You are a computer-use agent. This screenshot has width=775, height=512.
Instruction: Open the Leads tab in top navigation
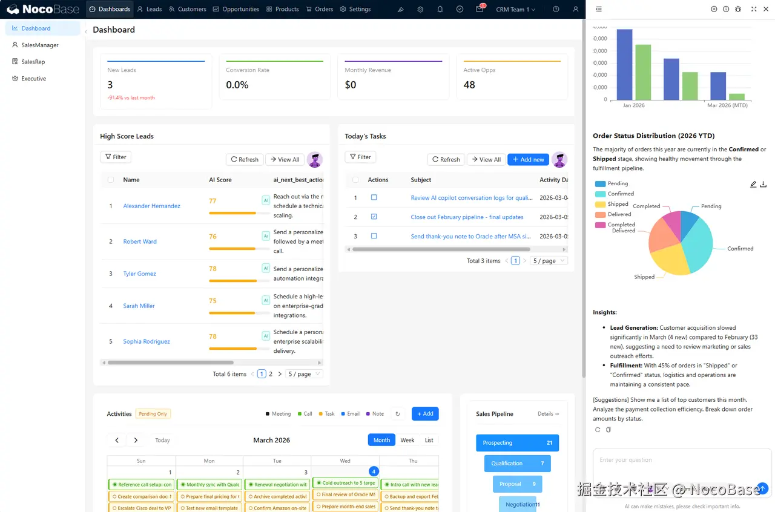(x=150, y=9)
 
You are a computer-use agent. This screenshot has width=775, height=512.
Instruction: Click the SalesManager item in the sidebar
(x=40, y=45)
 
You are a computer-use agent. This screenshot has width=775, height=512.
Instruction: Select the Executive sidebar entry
(x=33, y=79)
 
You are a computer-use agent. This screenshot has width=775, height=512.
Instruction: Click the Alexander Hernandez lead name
(x=151, y=206)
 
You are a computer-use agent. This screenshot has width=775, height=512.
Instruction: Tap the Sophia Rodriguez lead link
(x=147, y=341)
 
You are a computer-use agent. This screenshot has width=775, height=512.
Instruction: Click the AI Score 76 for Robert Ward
(x=213, y=237)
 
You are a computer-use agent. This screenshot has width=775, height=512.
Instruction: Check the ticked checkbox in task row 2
(x=374, y=217)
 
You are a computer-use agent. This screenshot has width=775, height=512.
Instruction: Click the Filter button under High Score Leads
(x=116, y=157)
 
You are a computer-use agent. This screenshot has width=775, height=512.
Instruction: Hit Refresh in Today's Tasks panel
(x=446, y=160)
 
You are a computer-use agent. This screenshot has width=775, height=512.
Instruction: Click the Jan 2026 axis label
(x=633, y=105)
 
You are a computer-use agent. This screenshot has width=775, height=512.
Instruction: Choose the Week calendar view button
(x=407, y=440)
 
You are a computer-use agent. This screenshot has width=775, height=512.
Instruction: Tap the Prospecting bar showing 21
(x=517, y=443)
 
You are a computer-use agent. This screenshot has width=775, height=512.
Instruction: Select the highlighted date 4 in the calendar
(x=374, y=471)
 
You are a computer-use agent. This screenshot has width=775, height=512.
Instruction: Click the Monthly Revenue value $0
(x=351, y=85)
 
